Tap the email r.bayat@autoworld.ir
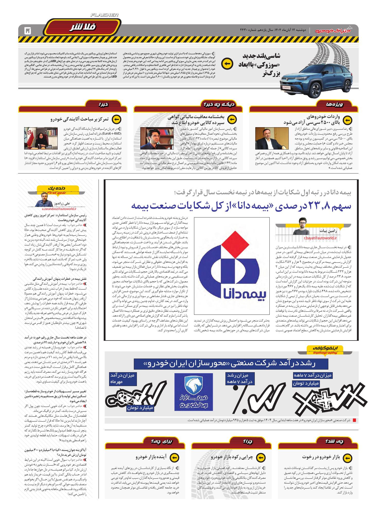(x=320, y=238)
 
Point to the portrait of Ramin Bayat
(x=306, y=226)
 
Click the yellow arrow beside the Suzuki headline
(x=227, y=64)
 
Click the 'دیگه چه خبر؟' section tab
(x=218, y=104)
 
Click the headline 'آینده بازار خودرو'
(x=152, y=457)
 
